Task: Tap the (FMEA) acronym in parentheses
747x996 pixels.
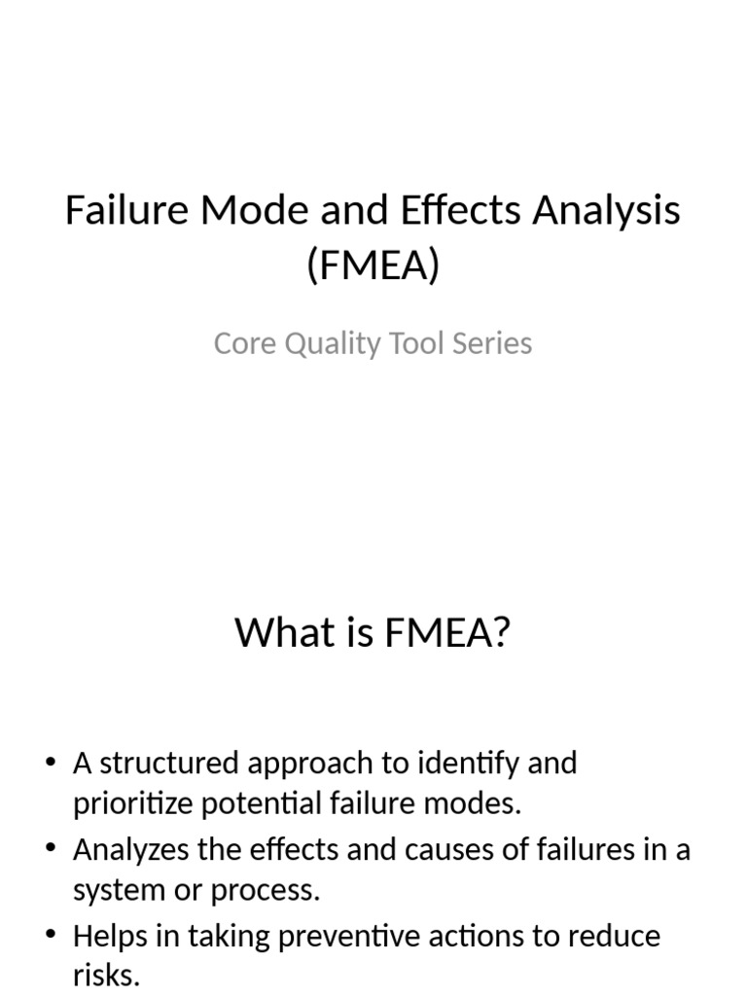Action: [x=373, y=265]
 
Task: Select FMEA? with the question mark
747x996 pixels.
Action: [x=446, y=633]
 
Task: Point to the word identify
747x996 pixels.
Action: [x=467, y=763]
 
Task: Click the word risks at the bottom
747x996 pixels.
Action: [x=106, y=976]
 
